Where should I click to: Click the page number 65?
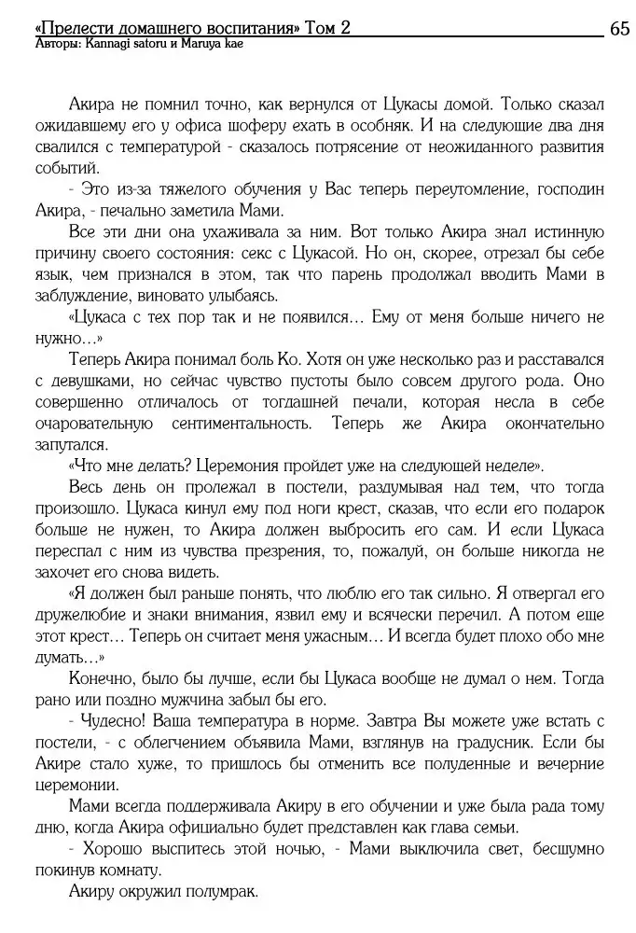click(619, 28)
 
